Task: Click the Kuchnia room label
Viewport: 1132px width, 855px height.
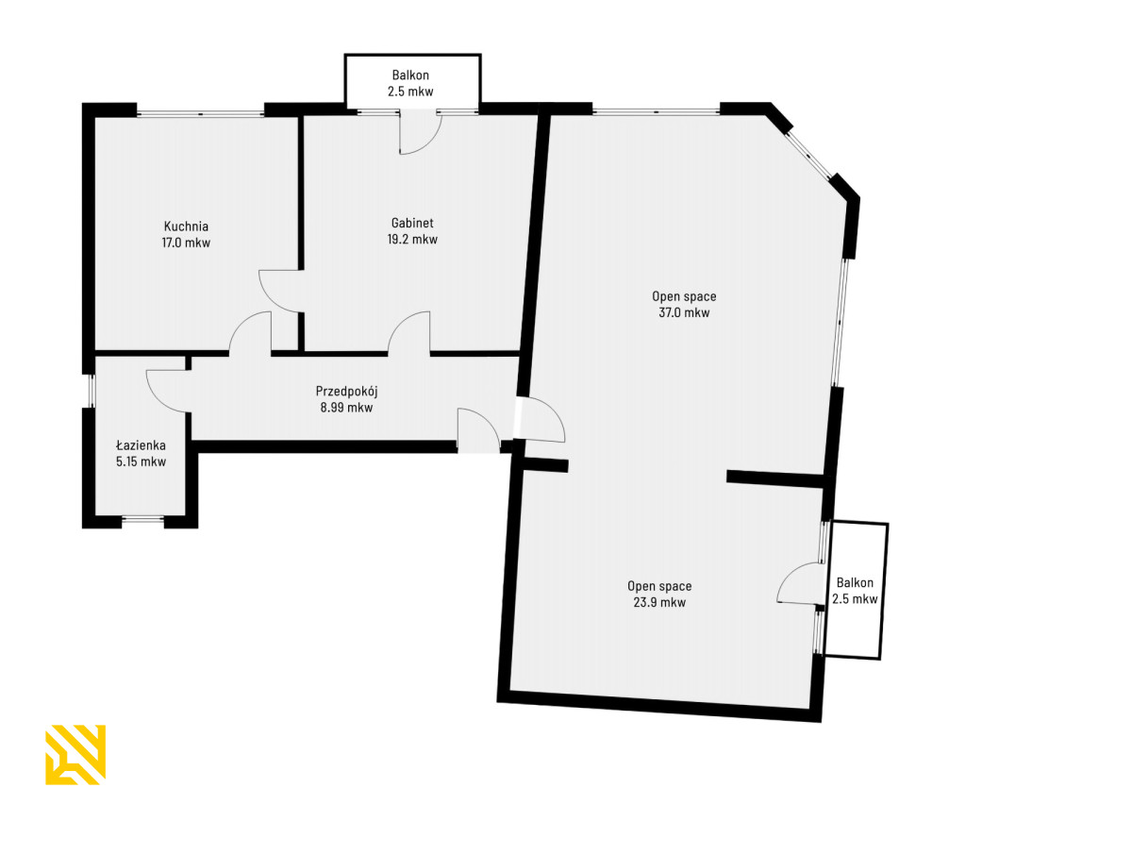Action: click(x=186, y=226)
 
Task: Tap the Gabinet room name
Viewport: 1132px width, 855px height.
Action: click(x=411, y=223)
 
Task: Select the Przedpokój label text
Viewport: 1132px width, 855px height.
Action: click(x=346, y=392)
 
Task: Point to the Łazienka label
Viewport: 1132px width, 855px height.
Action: click(x=141, y=444)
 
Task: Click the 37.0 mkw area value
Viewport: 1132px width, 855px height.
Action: click(x=684, y=312)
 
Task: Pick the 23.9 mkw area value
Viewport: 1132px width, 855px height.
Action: click(x=659, y=602)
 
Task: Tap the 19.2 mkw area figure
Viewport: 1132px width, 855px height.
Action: click(x=412, y=240)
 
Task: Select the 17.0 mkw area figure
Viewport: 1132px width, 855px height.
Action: click(x=186, y=243)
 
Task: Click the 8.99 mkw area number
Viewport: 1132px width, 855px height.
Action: click(x=346, y=408)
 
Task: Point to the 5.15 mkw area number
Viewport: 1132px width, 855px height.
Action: click(x=141, y=461)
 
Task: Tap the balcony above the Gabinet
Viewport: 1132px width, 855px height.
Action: click(x=412, y=81)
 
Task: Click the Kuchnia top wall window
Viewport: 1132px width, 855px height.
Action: click(x=201, y=112)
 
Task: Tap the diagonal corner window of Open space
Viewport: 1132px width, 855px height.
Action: click(x=809, y=154)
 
